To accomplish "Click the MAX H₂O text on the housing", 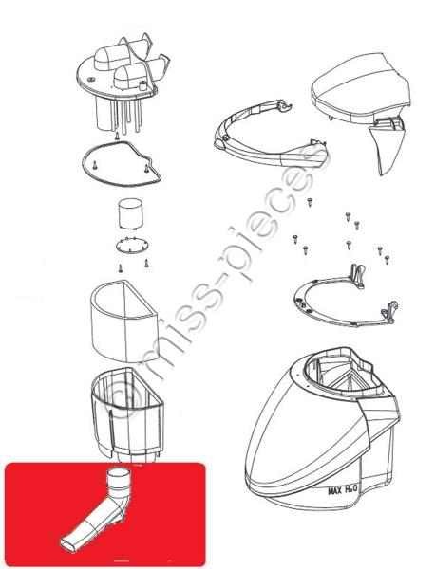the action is pos(343,490).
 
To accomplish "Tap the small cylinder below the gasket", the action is pos(130,213).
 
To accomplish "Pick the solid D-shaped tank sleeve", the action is pos(123,322).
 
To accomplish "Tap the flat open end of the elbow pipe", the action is pos(68,545).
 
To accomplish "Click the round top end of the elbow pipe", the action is pos(120,473).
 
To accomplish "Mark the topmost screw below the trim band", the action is pos(310,202).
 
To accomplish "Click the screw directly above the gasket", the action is pos(117,136).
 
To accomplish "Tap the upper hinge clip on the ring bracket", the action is pos(357,276).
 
